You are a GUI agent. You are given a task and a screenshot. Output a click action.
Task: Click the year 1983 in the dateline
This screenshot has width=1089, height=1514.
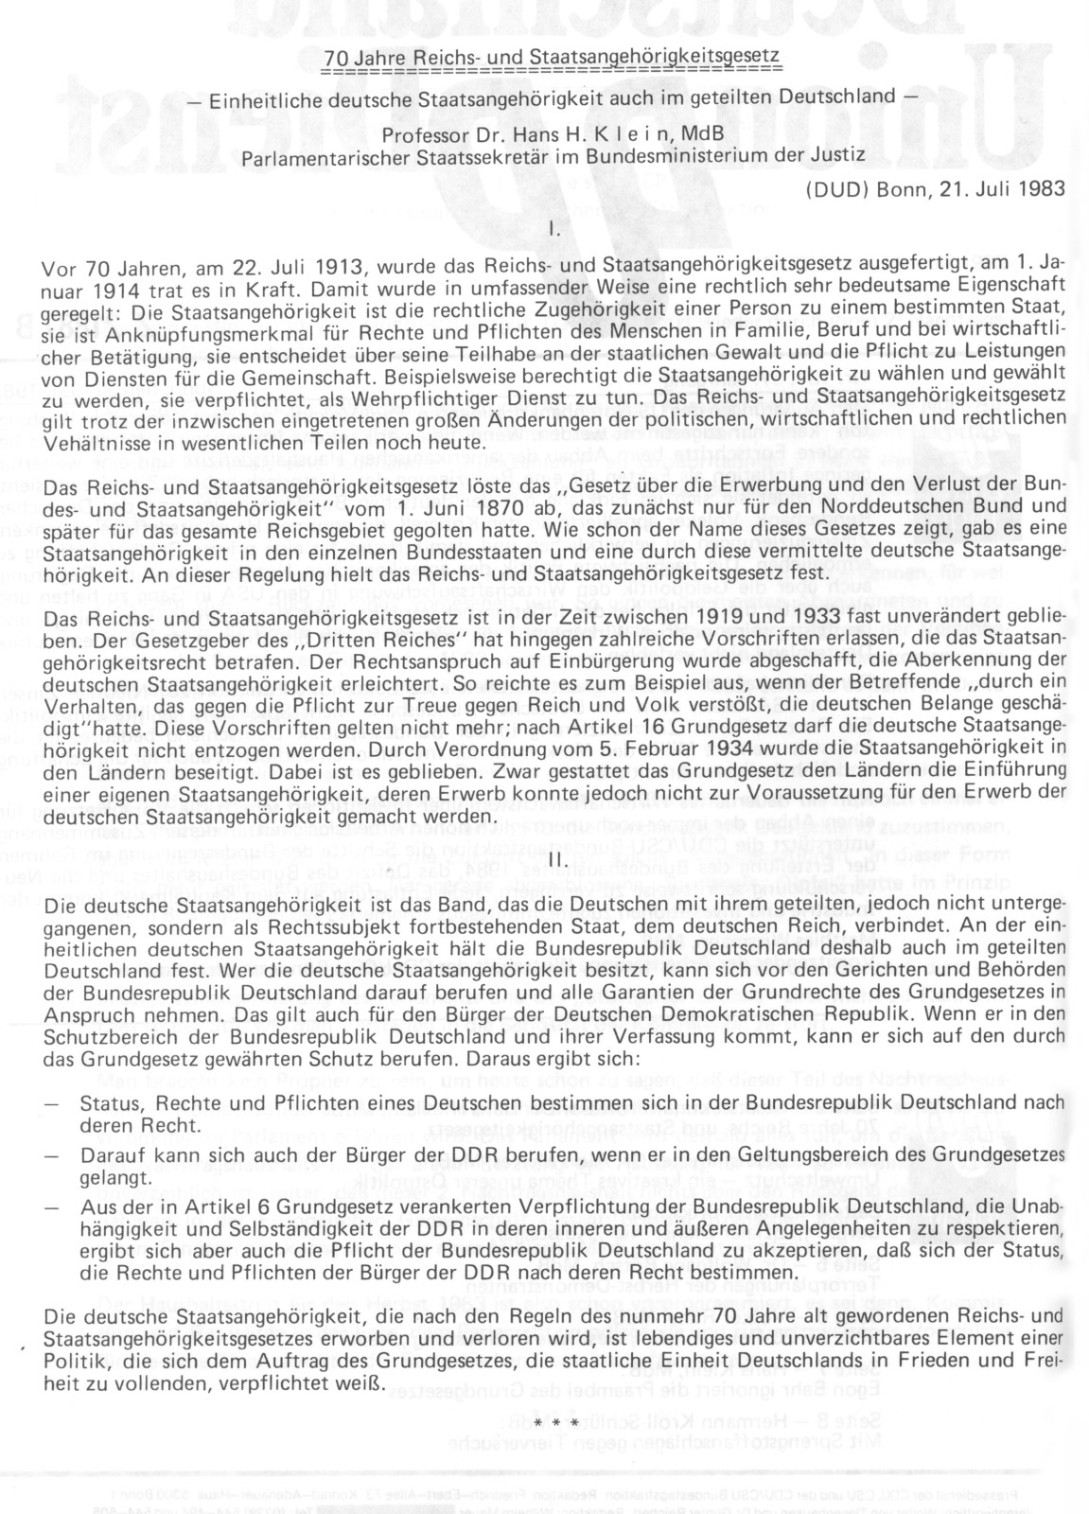pos(1042,187)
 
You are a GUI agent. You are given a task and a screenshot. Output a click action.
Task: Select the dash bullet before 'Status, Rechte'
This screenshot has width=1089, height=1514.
pos(50,1104)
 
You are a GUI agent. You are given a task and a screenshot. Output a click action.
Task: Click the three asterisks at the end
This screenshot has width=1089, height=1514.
pos(554,1423)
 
